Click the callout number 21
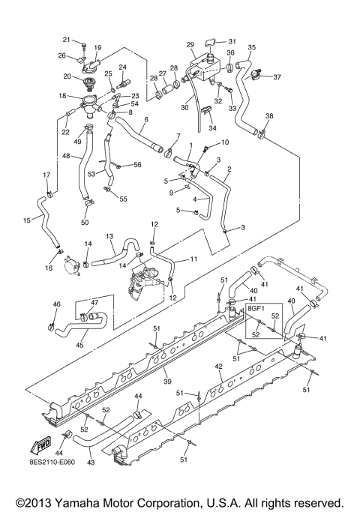pos(66,39)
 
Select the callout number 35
pos(251,46)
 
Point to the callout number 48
pos(67,156)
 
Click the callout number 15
pos(26,220)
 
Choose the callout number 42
pos(218,367)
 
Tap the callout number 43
pos(91,463)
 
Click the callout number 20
pos(67,77)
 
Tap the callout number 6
pos(145,120)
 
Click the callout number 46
pos(55,304)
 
